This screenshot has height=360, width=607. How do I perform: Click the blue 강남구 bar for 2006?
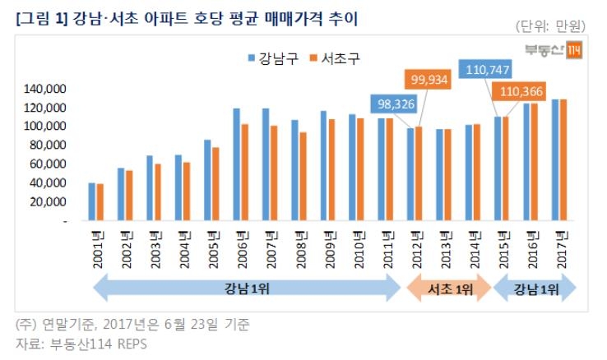236,164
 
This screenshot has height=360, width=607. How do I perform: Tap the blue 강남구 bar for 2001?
92,202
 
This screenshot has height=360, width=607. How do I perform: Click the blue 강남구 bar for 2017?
554,160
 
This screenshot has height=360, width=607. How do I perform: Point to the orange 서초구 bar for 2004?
186,192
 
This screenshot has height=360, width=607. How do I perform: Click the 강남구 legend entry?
271,58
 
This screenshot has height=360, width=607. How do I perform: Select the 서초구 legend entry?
333,58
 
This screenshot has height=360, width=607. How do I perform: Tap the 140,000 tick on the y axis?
47,89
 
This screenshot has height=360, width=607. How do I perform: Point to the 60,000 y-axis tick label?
47,164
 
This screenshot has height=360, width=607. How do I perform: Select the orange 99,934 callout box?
433,81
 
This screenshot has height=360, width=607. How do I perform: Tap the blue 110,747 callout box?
489,71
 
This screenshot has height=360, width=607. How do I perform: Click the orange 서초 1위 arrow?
448,289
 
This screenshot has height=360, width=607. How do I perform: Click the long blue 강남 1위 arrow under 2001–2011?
247,289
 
